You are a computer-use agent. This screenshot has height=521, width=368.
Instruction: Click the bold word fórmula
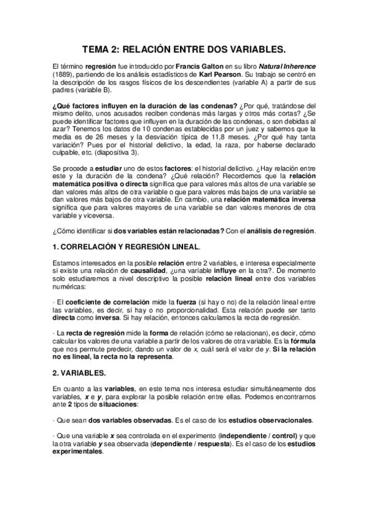(302, 341)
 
